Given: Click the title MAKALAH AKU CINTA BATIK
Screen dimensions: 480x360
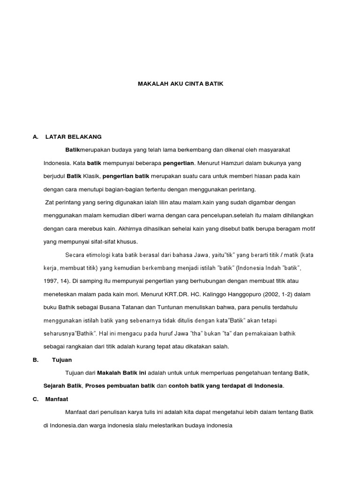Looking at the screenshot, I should pyautogui.click(x=180, y=84).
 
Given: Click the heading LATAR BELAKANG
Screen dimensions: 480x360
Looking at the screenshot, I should pyautogui.click(x=73, y=137).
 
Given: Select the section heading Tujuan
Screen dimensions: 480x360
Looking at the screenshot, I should pyautogui.click(x=62, y=360).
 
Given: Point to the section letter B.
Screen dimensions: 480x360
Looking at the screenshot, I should pyautogui.click(x=35, y=360).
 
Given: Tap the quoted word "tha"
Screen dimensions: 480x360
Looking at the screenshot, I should pyautogui.click(x=198, y=333).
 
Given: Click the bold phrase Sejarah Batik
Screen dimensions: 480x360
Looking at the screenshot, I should pyautogui.click(x=63, y=386).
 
